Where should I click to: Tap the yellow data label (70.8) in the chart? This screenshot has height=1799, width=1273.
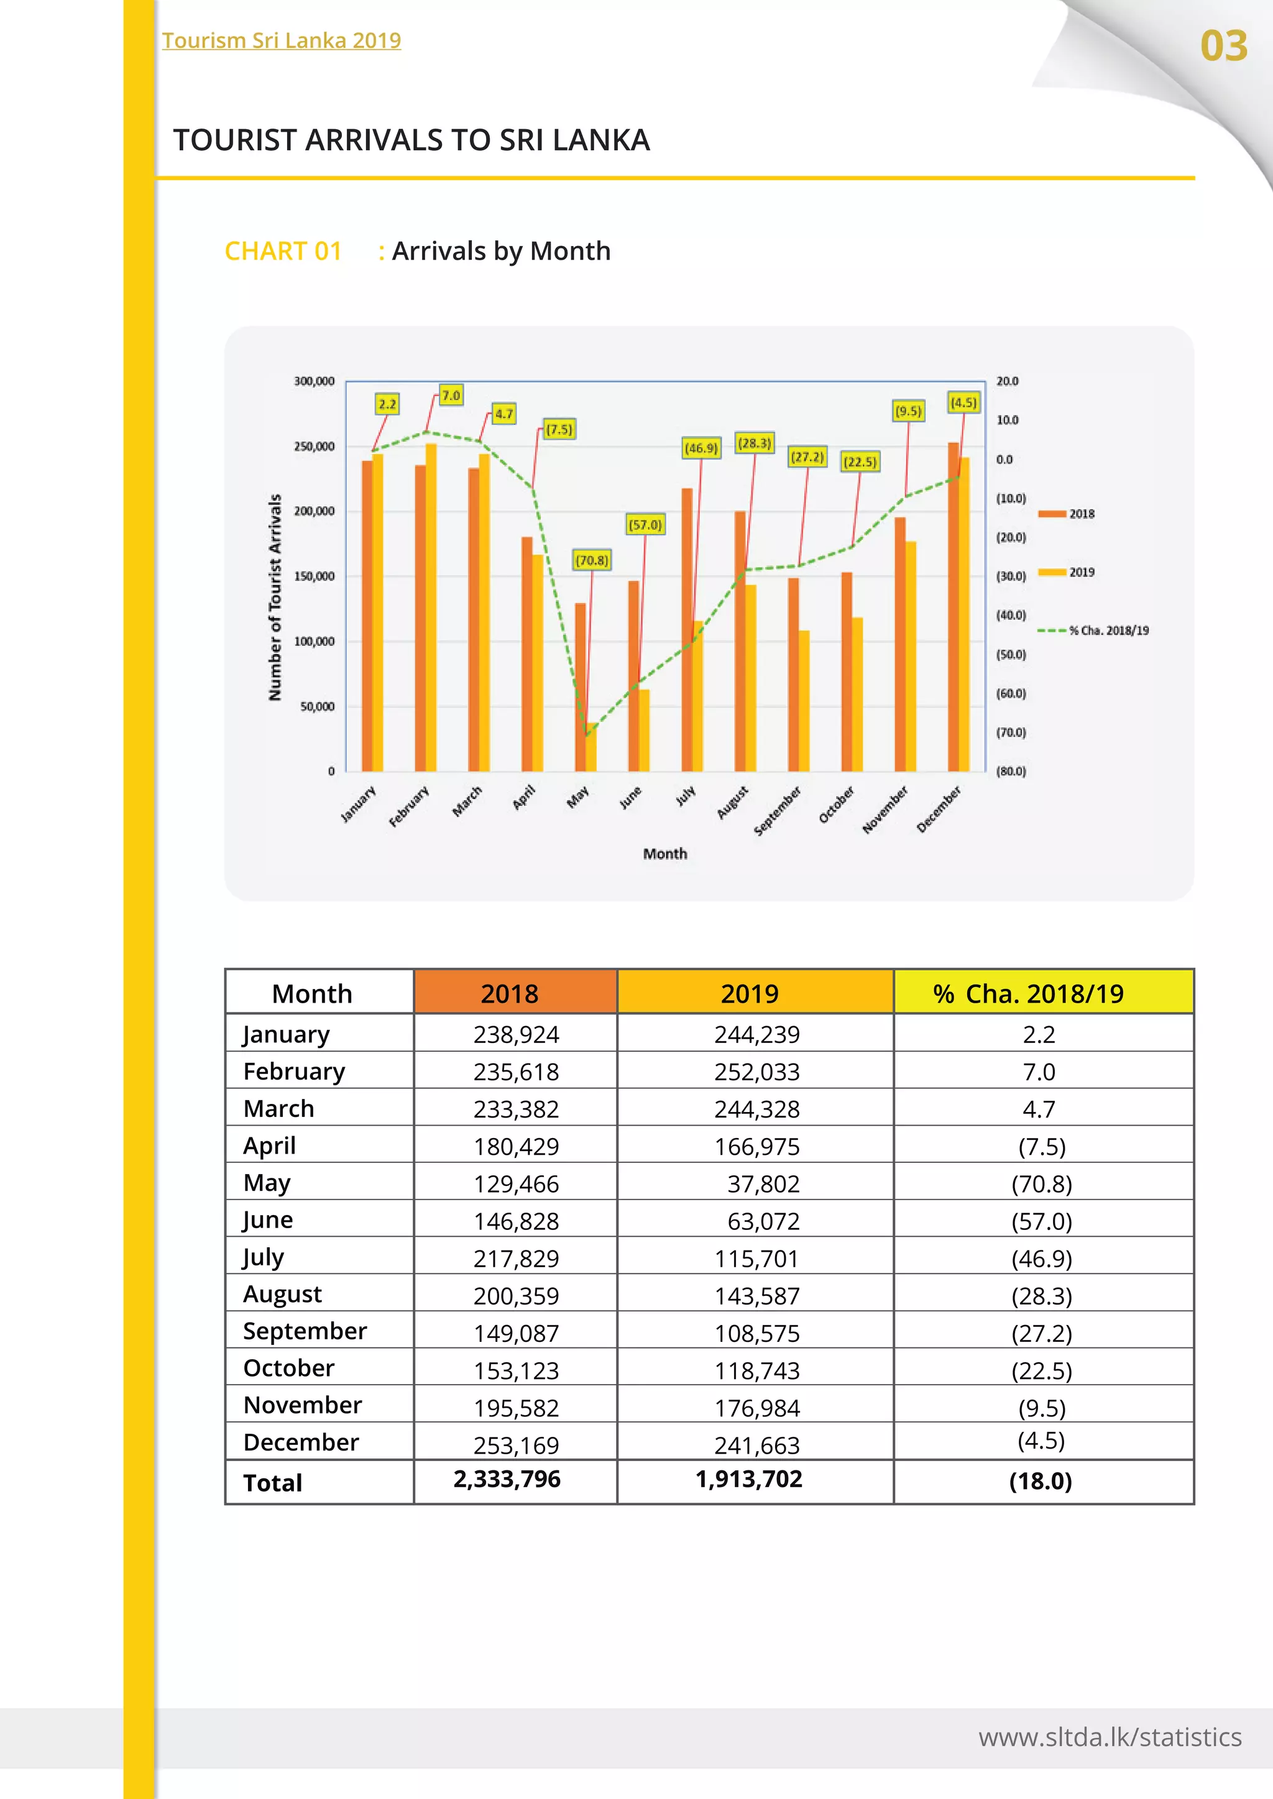point(592,560)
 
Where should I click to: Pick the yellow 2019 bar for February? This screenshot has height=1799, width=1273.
point(431,608)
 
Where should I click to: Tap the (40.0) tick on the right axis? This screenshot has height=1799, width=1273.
point(1011,615)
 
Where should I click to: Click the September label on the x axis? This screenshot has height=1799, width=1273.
point(778,810)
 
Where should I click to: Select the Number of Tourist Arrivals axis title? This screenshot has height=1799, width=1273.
point(274,597)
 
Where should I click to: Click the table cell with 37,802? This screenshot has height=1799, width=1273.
point(763,1183)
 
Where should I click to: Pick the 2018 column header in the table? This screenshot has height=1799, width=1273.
point(510,993)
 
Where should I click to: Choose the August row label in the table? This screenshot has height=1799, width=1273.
point(282,1295)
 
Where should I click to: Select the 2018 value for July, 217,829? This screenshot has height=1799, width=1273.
point(516,1259)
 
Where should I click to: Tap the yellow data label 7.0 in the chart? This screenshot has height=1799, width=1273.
point(451,396)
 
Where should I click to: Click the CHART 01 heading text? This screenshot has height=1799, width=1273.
point(283,251)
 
